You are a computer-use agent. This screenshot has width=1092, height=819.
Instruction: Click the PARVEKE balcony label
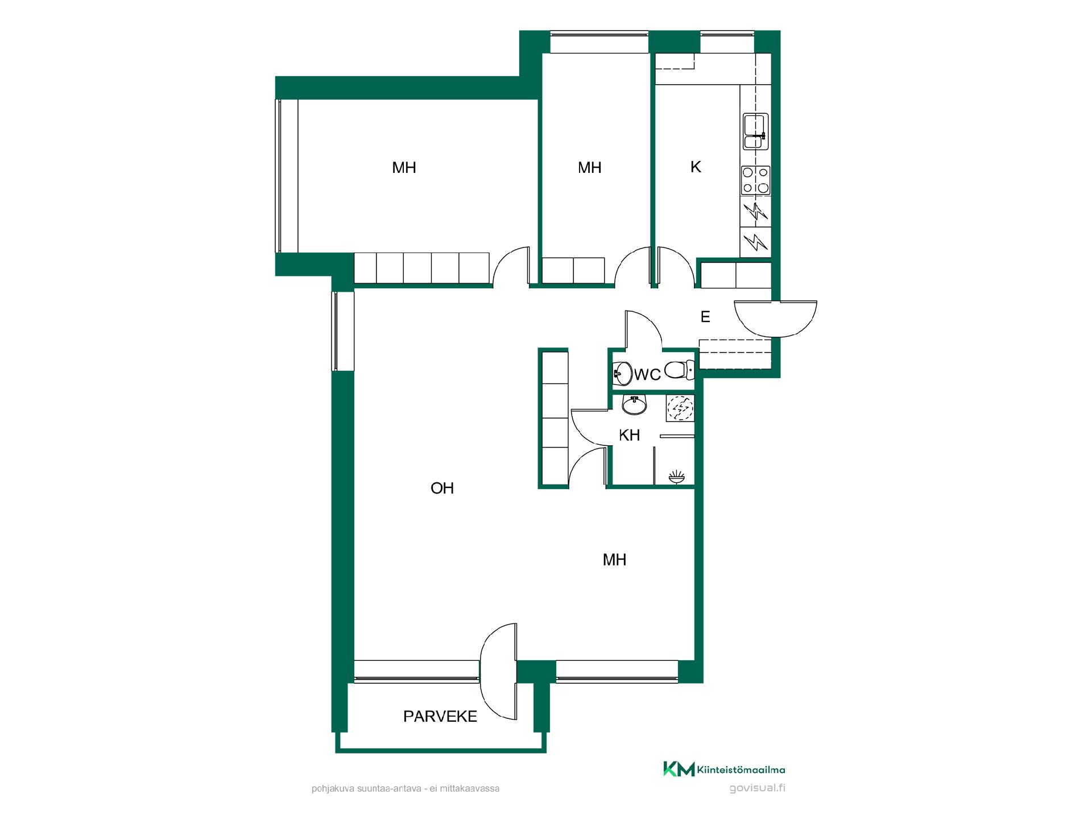[440, 717]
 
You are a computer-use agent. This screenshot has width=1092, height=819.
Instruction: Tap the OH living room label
[442, 488]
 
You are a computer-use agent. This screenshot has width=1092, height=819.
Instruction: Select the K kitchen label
[696, 167]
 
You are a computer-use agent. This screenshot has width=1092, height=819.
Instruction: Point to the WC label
[647, 374]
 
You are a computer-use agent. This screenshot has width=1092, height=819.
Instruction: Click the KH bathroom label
[629, 435]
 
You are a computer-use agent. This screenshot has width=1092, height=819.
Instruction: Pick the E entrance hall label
[705, 317]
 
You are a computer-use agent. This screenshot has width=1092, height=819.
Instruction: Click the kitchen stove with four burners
[756, 180]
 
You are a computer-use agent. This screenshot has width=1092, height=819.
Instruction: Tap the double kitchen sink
[756, 131]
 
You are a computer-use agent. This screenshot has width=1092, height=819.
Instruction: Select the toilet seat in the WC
[679, 370]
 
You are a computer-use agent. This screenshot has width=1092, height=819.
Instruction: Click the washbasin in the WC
[623, 374]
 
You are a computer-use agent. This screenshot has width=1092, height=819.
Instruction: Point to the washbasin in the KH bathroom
[634, 406]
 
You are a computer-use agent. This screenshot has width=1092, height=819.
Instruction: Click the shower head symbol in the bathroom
[677, 477]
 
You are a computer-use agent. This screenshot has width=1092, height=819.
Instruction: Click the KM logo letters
[679, 769]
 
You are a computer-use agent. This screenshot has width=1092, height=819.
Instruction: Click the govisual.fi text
[757, 788]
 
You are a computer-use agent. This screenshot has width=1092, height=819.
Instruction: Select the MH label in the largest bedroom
[404, 168]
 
